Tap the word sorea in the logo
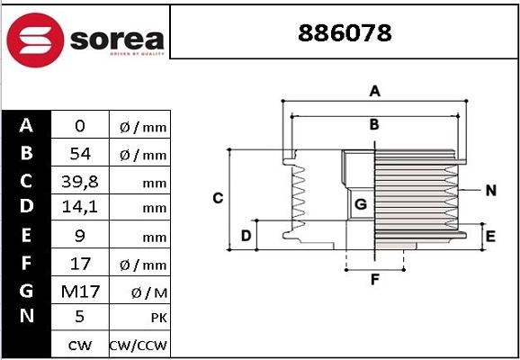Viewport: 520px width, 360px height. (x=114, y=39)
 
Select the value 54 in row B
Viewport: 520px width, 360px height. (x=80, y=154)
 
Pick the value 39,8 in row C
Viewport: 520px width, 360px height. (x=80, y=181)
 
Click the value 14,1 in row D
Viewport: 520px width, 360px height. (x=80, y=208)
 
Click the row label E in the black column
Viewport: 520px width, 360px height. (x=27, y=236)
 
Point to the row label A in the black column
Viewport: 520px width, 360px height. (x=27, y=126)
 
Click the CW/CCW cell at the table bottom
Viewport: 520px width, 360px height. (x=139, y=345)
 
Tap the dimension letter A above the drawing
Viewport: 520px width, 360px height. (x=375, y=91)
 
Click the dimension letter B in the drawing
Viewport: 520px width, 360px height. (x=374, y=124)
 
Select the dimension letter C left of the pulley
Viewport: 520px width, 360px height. (x=217, y=197)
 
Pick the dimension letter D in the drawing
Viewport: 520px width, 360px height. (x=245, y=237)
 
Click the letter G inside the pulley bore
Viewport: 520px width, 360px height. (x=361, y=204)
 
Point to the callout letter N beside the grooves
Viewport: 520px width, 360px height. (x=490, y=190)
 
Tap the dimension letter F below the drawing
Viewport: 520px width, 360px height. (x=374, y=279)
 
